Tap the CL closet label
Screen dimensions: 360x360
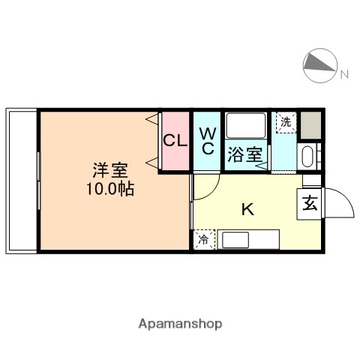point(175,140)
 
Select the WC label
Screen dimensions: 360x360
point(208,140)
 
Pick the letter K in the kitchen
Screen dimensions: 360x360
point(247,209)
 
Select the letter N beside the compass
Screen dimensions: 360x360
point(344,73)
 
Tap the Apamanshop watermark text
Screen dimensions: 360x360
point(180,324)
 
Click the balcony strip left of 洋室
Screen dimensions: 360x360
point(22,180)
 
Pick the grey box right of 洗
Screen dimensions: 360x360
point(310,124)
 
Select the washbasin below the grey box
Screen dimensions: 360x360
point(307,156)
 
